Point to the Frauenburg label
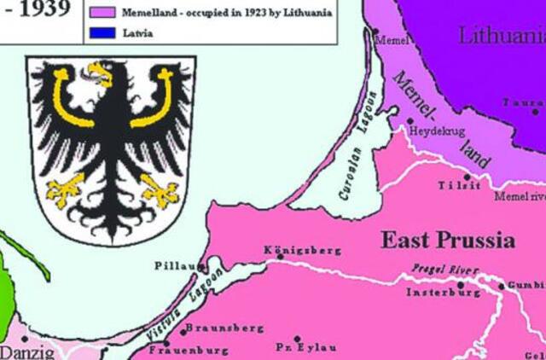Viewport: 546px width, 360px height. click(x=189, y=350)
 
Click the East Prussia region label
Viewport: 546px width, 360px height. click(x=447, y=239)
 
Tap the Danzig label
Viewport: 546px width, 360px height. click(x=26, y=351)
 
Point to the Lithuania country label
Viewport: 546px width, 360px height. click(x=501, y=36)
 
